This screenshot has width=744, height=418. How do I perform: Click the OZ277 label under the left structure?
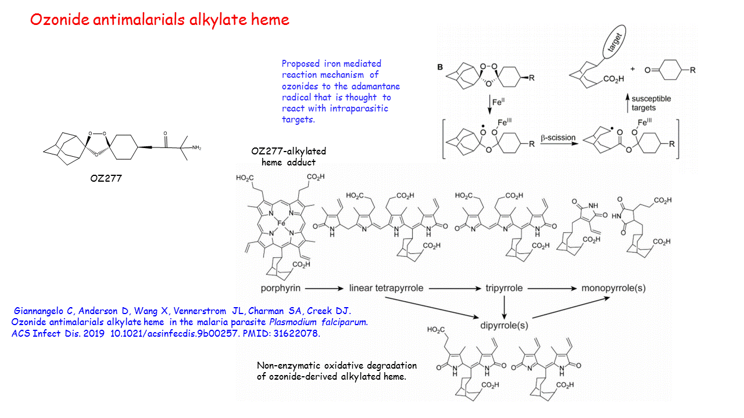pyautogui.click(x=106, y=178)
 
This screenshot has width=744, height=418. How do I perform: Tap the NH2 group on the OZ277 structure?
pyautogui.click(x=196, y=147)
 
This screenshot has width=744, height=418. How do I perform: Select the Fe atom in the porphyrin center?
pyautogui.click(x=281, y=223)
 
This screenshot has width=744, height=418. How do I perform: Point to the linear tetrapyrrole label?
pyautogui.click(x=385, y=288)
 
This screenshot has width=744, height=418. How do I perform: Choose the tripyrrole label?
pyautogui.click(x=505, y=288)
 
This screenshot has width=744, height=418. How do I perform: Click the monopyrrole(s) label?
pyautogui.click(x=613, y=288)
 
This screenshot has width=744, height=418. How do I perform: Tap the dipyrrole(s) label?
pyautogui.click(x=503, y=325)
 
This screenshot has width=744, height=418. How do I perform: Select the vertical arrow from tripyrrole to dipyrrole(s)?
pyautogui.click(x=504, y=306)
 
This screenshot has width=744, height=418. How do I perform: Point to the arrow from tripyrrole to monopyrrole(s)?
pyautogui.click(x=549, y=288)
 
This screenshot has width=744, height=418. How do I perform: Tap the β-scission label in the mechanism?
pyautogui.click(x=560, y=138)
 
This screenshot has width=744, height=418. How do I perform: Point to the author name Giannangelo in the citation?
pyautogui.click(x=42, y=311)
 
